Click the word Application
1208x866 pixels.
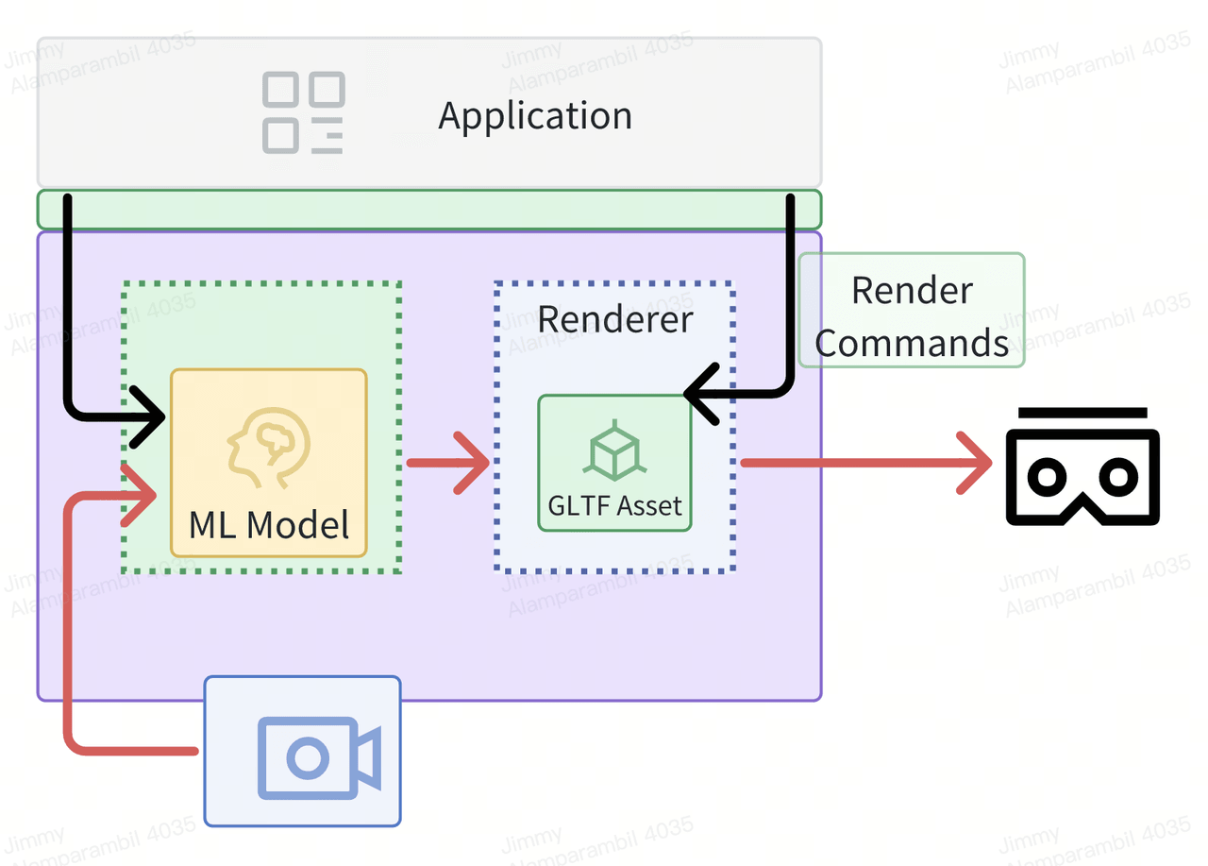pos(535,117)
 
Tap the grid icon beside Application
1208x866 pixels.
pos(303,112)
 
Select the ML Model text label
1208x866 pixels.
pos(269,525)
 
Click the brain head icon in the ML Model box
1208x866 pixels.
pos(269,448)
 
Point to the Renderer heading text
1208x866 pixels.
pos(614,319)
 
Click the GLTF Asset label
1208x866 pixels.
pos(614,506)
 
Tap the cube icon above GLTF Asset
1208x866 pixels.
pos(614,450)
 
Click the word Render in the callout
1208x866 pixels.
pos(913,291)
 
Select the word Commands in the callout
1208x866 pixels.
pos(912,343)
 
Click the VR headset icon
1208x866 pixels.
pos(1082,467)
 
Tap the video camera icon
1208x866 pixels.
pos(319,757)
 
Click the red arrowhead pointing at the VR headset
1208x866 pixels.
pos(975,463)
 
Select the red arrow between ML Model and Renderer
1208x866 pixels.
pos(448,463)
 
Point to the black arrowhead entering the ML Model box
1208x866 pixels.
pos(148,416)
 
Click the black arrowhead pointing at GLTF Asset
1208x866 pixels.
pos(701,394)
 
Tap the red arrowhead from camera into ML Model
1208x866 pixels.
pos(139,495)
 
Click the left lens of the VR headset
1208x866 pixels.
pos(1047,477)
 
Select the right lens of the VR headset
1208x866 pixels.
pos(1119,477)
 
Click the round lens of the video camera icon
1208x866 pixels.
pos(308,757)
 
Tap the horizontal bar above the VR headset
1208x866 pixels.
pos(1082,413)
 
